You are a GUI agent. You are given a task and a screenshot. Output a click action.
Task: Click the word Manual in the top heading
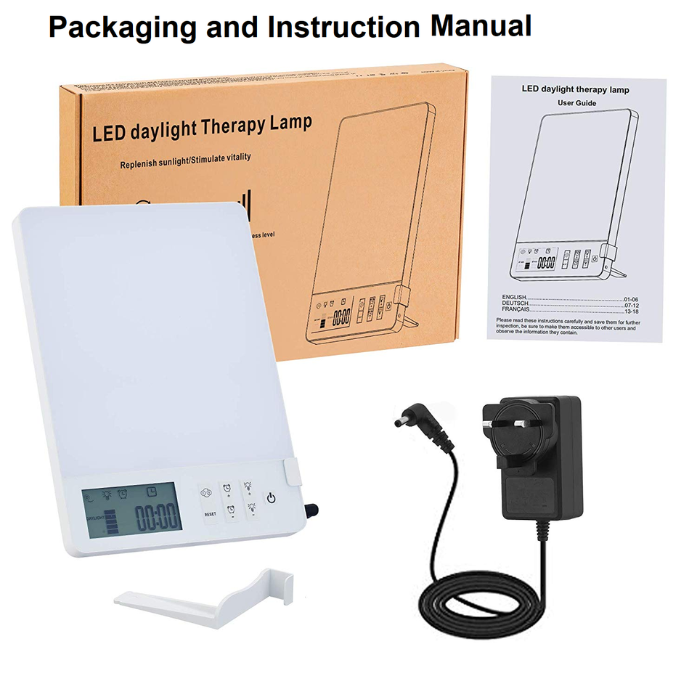[481, 27]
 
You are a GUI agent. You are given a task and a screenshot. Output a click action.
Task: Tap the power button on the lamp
[271, 498]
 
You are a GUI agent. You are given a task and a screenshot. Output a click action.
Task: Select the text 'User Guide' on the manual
[576, 103]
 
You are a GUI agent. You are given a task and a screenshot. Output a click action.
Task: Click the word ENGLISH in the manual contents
[513, 298]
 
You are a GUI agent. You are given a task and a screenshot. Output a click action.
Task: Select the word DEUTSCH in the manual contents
[515, 303]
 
